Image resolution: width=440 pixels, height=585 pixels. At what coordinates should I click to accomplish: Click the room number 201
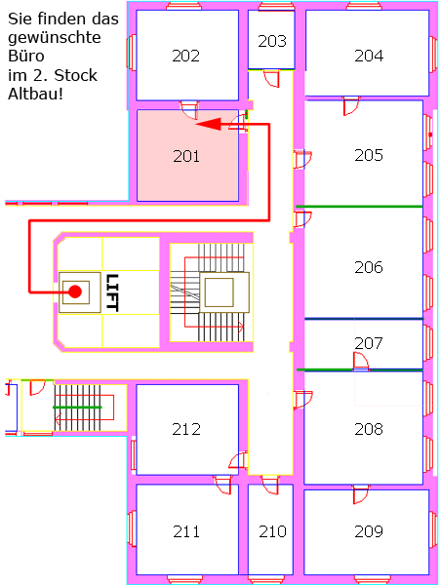click(x=186, y=156)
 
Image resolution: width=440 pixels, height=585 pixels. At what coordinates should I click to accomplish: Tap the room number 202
click(x=185, y=56)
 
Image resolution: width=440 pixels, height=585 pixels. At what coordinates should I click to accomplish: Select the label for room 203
click(x=272, y=41)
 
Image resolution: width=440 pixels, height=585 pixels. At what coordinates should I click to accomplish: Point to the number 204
click(x=369, y=56)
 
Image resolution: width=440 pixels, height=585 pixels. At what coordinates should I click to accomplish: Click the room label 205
click(x=369, y=155)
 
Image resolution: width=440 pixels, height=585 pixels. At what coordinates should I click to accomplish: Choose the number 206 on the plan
click(x=369, y=267)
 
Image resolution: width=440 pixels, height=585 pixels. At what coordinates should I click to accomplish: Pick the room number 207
click(x=369, y=343)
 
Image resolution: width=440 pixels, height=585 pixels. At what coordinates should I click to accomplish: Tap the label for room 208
click(x=369, y=429)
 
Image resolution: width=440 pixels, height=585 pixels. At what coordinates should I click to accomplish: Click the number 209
click(x=369, y=531)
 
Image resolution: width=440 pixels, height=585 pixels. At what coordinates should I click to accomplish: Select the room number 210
click(x=273, y=531)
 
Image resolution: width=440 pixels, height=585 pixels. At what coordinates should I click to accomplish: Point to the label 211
click(x=186, y=531)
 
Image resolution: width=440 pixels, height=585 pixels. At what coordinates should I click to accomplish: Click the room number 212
click(x=186, y=429)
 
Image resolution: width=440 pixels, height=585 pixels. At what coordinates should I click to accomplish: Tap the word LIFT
click(x=112, y=292)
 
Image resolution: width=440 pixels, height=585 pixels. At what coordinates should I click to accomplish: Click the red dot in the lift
click(x=75, y=292)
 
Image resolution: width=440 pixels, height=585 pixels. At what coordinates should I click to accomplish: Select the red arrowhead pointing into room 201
click(x=209, y=124)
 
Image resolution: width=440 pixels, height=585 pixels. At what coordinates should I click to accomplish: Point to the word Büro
click(x=26, y=56)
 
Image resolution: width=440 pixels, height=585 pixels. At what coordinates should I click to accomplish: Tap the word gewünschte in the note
click(x=55, y=38)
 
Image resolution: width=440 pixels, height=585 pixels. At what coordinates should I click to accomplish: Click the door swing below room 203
click(x=271, y=79)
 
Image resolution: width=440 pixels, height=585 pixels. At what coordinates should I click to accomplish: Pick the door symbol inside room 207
click(x=361, y=361)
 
